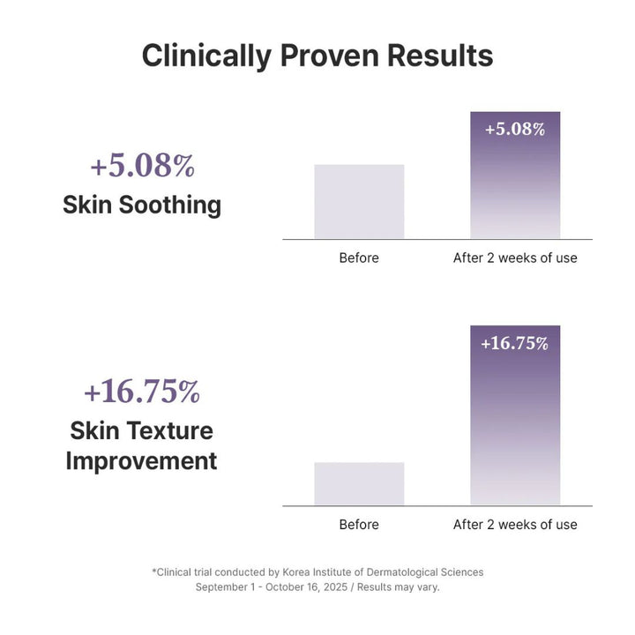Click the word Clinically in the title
[205, 56]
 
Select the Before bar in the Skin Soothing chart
[359, 201]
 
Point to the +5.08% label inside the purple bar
[515, 129]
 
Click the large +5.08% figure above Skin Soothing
[142, 166]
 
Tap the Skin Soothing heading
[142, 205]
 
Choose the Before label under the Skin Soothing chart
[359, 258]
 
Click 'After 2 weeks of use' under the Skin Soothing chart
[515, 258]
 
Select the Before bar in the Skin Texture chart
[359, 483]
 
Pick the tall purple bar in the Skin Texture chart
[515, 423]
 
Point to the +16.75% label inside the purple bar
[515, 343]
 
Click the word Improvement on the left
[142, 460]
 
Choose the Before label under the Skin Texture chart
[359, 525]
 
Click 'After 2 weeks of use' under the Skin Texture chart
[515, 525]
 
